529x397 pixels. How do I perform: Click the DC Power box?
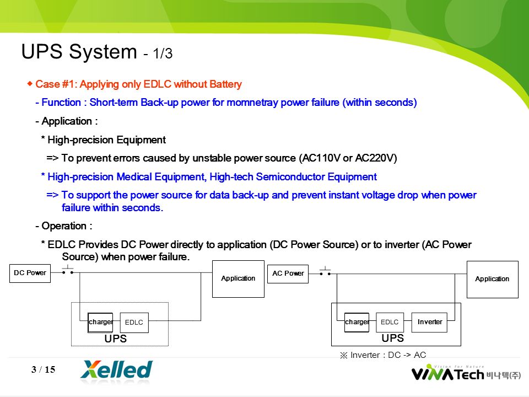(30, 273)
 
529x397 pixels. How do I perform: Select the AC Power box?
(288, 274)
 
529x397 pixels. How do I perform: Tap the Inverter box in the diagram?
(429, 323)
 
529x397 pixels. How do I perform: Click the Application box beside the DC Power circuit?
(238, 279)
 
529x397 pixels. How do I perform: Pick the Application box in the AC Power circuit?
(493, 280)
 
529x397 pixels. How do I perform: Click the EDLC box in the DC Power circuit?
(134, 323)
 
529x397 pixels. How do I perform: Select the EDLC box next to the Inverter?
(390, 323)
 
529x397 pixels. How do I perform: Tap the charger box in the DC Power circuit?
(100, 323)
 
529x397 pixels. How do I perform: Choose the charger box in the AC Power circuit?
(357, 323)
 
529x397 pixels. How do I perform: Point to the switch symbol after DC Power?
(68, 270)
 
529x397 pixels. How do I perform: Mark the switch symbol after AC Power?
(325, 271)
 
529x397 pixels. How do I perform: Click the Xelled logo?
(116, 370)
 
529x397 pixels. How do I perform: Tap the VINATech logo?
(466, 373)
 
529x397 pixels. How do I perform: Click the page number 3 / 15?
(43, 369)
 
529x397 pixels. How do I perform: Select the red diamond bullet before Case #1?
(30, 83)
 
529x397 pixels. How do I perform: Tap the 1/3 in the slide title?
(163, 53)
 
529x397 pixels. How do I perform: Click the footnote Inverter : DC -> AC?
(383, 355)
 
